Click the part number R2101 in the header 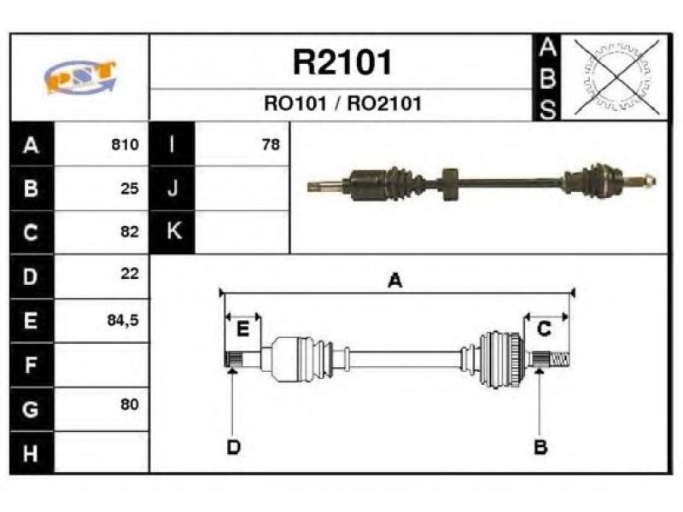(x=342, y=62)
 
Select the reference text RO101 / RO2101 (x=343, y=103)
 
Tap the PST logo (x=80, y=77)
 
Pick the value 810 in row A (x=125, y=144)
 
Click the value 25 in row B (x=130, y=189)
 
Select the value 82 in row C (x=130, y=231)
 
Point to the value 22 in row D (x=130, y=273)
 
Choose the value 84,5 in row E (x=123, y=321)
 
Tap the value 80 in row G (x=130, y=404)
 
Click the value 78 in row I (x=271, y=144)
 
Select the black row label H (x=32, y=453)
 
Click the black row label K (x=172, y=231)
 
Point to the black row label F (x=32, y=364)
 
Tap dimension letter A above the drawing (x=394, y=281)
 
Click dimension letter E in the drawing (x=242, y=329)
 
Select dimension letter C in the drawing (x=544, y=329)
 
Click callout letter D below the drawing (x=233, y=447)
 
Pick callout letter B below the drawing (x=540, y=447)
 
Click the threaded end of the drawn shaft (x=560, y=359)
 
